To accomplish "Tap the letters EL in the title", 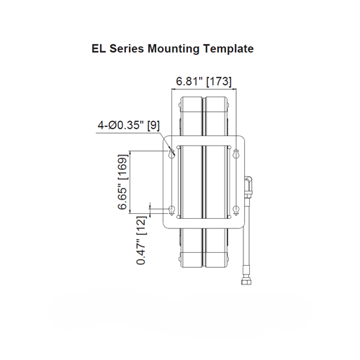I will coord(99,50).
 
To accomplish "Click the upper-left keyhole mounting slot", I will coord(172,153).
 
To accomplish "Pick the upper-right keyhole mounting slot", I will coord(235,153).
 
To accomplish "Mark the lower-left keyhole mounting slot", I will coord(172,210).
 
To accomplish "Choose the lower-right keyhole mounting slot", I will coord(235,210).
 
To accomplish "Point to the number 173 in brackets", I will coord(219,81).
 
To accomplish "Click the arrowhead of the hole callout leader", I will coord(171,150).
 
